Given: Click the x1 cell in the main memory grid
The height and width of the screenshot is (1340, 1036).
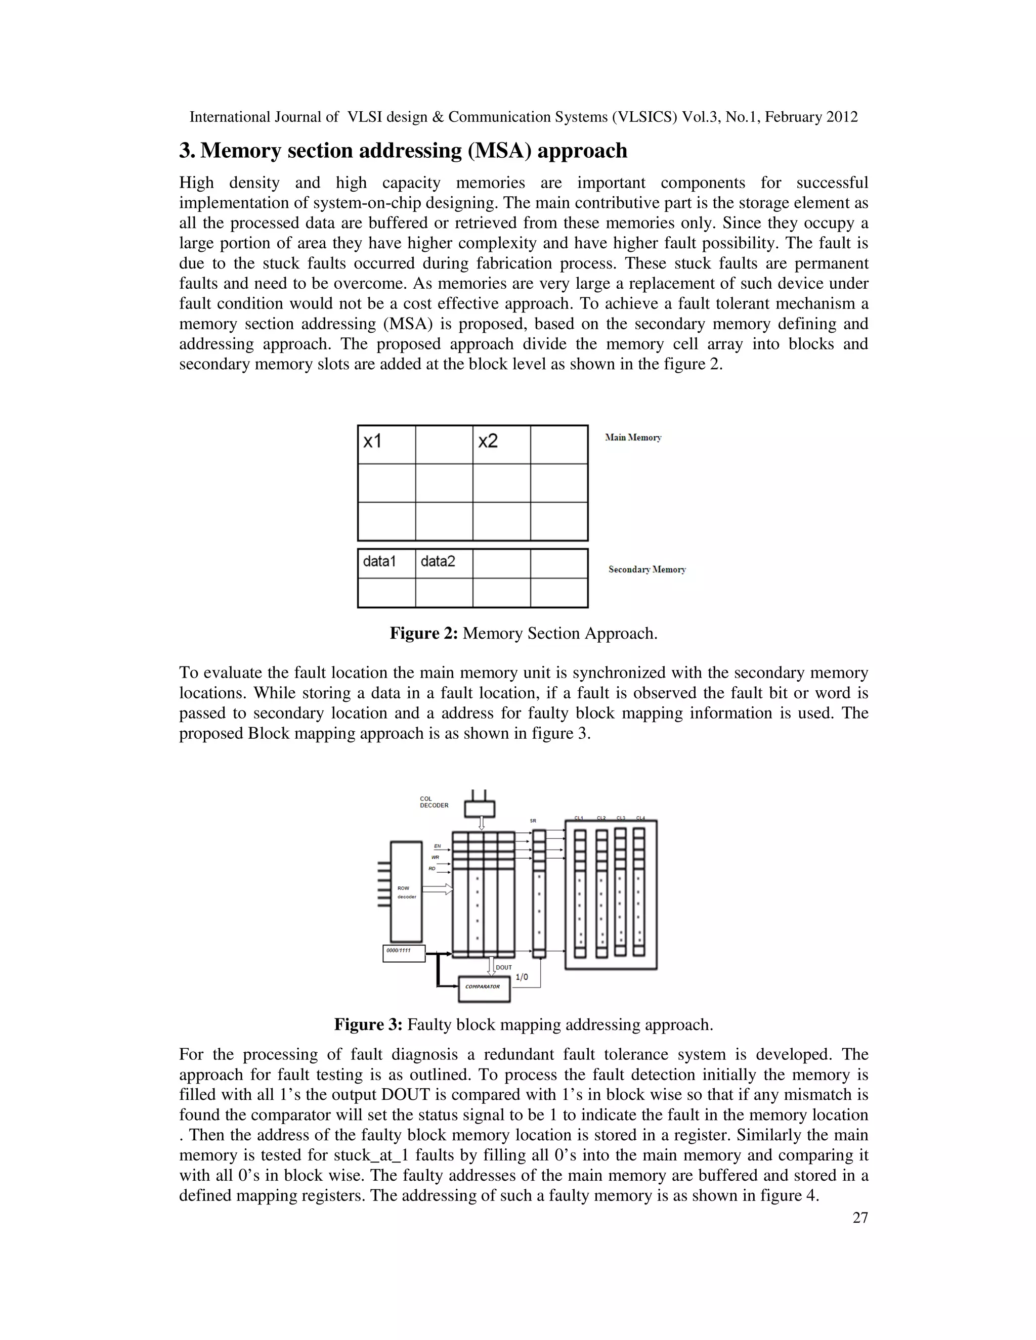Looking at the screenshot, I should pos(386,444).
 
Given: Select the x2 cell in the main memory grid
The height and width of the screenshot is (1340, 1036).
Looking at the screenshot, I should pos(501,444).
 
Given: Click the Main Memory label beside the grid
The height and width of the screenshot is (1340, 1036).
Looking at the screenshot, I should pos(633,437).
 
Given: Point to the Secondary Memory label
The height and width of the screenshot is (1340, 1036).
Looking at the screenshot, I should pos(647,569).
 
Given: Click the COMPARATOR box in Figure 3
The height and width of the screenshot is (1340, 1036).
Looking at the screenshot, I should pos(484,987).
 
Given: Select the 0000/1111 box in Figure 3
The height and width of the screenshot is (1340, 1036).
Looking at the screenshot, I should pos(403,952).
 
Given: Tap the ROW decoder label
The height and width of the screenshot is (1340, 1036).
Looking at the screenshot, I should pos(406,892).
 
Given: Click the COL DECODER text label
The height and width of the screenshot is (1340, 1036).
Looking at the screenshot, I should pos(434,802).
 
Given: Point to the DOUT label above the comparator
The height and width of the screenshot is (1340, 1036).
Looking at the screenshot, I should pos(503,967).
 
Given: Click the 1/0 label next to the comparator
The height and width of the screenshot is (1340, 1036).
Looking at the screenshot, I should pos(521,977).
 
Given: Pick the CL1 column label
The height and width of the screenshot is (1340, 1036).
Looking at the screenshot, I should pos(579,818).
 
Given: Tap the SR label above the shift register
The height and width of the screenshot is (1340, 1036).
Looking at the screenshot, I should pos(533,820).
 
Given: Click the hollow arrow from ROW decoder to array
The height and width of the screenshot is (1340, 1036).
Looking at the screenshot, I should pos(438,889).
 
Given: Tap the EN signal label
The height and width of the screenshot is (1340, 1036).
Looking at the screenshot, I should pos(437,846).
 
